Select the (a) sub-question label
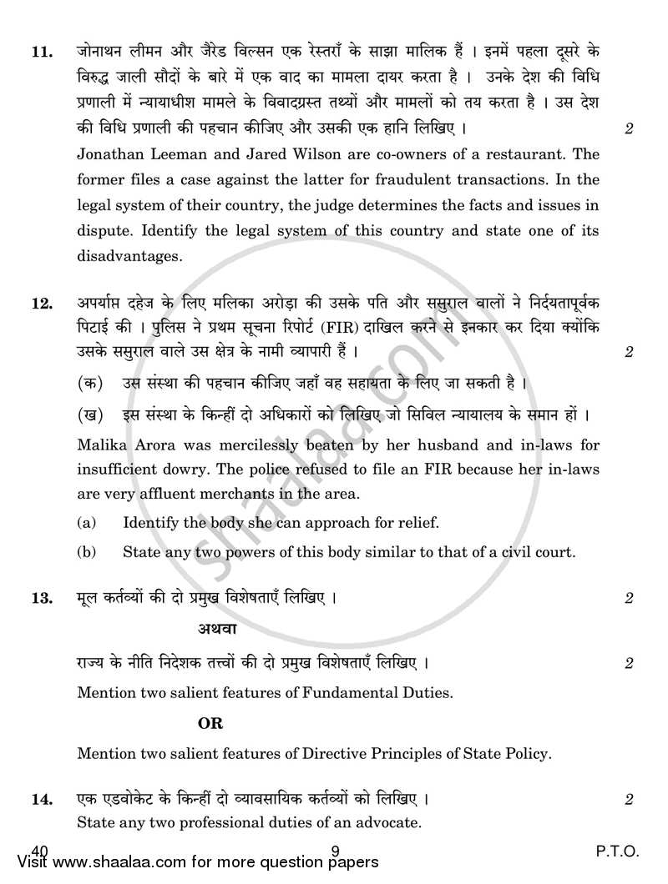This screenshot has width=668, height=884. click(86, 524)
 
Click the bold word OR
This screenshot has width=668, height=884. click(210, 723)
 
